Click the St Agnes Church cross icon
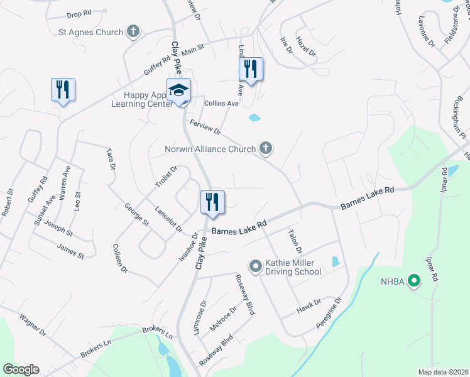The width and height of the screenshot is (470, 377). pyautogui.click(x=133, y=31)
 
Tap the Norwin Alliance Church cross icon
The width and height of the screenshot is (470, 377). pyautogui.click(x=266, y=149)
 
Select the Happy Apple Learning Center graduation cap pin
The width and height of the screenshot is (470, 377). pyautogui.click(x=178, y=90)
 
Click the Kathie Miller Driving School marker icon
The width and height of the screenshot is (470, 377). pyautogui.click(x=255, y=266)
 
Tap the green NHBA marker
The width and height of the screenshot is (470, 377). pyautogui.click(x=413, y=280)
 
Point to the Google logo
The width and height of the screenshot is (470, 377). pyautogui.click(x=21, y=369)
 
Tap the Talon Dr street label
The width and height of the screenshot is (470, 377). pyautogui.click(x=294, y=241)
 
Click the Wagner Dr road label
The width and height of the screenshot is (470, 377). pyautogui.click(x=33, y=325)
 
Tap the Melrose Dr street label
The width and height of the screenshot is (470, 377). pyautogui.click(x=224, y=318)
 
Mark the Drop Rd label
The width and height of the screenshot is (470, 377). pyautogui.click(x=79, y=14)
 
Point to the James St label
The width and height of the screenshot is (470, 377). pyautogui.click(x=70, y=252)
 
